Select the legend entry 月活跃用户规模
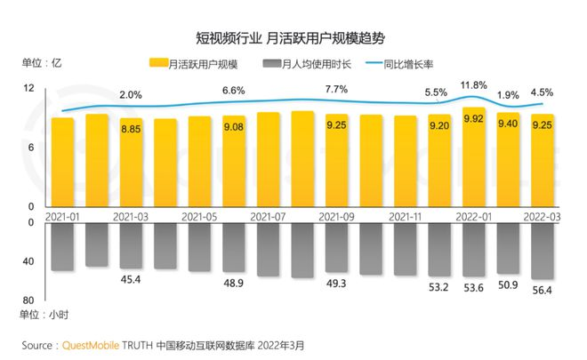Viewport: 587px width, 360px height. [199, 64]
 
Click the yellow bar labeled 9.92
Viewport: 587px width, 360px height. [473, 156]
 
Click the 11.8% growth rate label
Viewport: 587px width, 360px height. [474, 85]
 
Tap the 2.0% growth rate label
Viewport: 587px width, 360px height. [131, 94]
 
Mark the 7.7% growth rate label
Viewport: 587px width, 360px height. [336, 90]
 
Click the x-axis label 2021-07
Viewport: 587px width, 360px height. [268, 215]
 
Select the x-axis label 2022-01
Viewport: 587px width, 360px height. [473, 215]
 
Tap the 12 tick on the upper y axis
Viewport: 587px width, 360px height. [28, 89]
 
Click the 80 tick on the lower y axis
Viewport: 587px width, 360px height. [28, 300]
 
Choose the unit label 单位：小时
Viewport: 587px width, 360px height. [45, 316]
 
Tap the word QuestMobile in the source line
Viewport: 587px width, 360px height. [93, 343]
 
